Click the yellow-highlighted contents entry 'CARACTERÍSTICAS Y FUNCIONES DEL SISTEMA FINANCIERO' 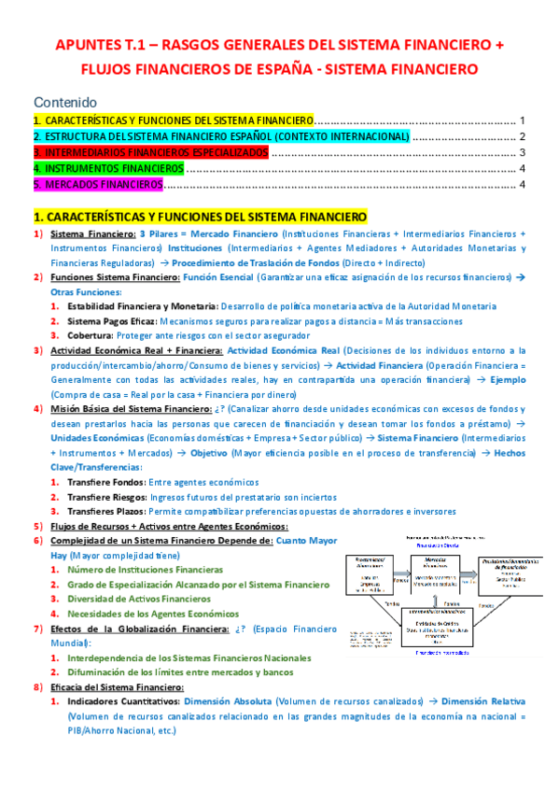coord(174,121)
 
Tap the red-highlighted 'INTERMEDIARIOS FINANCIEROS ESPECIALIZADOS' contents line coord(150,152)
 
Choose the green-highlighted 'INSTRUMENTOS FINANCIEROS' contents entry coord(108,168)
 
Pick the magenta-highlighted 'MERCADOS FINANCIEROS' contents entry coord(98,184)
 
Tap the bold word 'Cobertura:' coord(91,335)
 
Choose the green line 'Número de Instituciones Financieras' coord(146,570)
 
